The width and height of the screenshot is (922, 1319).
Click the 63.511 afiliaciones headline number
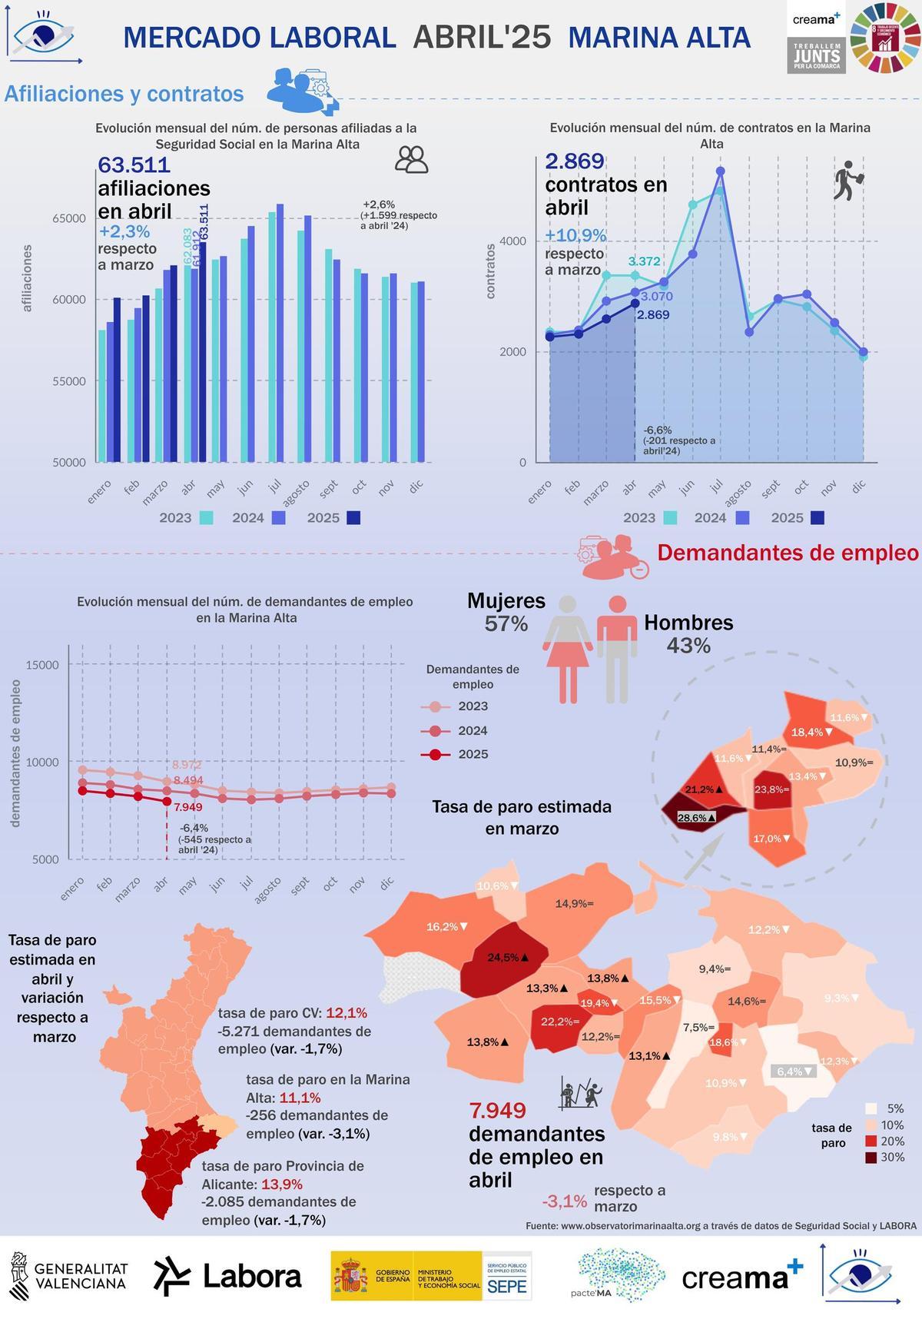click(134, 165)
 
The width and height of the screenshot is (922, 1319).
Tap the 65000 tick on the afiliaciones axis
click(69, 218)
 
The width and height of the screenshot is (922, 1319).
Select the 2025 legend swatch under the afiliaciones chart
click(353, 518)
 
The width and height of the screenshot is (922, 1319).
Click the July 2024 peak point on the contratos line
click(720, 171)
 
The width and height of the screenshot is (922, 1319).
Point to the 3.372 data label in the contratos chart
click(644, 261)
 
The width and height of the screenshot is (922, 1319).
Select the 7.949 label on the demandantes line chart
click(188, 807)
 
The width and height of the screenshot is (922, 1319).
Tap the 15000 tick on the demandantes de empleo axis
click(42, 666)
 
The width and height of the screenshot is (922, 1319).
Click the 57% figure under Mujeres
click(506, 624)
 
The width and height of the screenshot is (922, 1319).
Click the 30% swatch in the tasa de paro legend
click(871, 1158)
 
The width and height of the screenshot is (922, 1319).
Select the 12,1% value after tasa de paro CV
click(347, 1012)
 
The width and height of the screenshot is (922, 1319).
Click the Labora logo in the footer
click(227, 1277)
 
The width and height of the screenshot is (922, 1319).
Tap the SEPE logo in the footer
click(507, 1285)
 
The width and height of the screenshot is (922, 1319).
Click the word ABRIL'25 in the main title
click(482, 37)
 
